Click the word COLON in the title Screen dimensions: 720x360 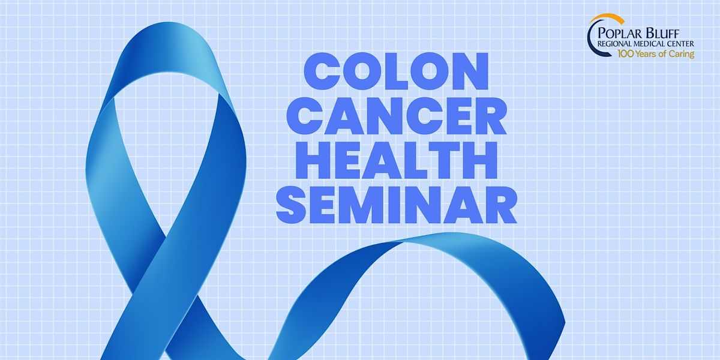[x=396, y=71]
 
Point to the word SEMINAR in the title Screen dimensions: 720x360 [x=397, y=205]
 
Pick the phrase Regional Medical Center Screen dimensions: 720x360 [x=646, y=44]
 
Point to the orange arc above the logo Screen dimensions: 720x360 [x=607, y=16]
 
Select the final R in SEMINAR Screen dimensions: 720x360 [x=500, y=205]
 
